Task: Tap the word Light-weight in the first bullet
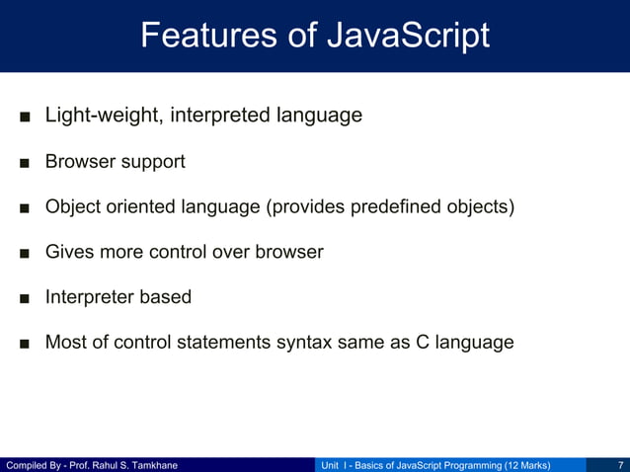(105, 116)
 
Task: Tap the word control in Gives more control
(178, 252)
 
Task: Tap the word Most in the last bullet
(66, 343)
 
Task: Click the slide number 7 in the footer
(619, 464)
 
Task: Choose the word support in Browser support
(153, 162)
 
